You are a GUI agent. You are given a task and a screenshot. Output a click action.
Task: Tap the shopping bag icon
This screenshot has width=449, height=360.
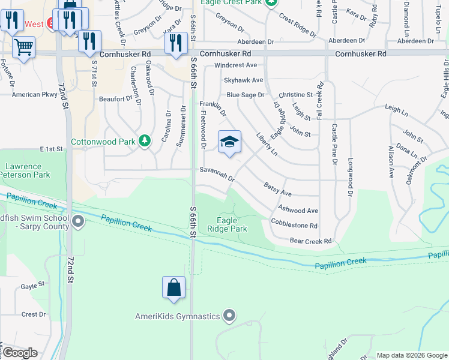[x=173, y=287]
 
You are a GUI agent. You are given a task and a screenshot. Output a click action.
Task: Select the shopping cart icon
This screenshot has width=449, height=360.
[x=23, y=47]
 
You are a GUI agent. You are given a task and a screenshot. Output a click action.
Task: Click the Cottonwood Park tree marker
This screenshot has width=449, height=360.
[x=144, y=142]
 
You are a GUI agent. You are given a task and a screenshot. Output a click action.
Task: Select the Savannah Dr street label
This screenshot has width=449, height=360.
[x=217, y=175]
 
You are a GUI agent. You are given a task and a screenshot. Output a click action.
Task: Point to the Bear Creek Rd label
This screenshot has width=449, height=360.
[x=310, y=241]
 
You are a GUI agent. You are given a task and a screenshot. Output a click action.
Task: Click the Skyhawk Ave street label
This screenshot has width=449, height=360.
[x=243, y=80]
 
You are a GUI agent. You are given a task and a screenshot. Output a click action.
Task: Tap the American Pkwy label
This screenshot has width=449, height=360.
[x=34, y=95]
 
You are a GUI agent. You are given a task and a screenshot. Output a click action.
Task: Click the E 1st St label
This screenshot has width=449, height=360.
[x=51, y=148]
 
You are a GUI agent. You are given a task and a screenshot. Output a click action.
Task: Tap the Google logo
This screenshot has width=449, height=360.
[x=19, y=353]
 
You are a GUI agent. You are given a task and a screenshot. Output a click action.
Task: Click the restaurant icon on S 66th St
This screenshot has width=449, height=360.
[x=175, y=44]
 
